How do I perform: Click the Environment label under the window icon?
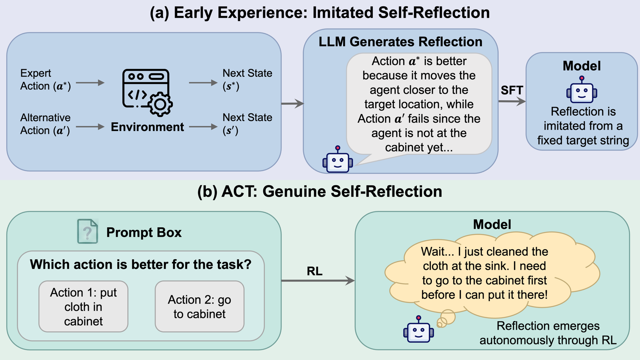(x=147, y=127)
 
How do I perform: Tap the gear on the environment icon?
(x=160, y=104)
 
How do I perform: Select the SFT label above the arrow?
(x=512, y=90)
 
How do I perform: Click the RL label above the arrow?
(x=314, y=271)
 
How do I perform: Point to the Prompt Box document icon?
(x=88, y=231)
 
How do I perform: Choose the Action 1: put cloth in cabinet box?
(x=84, y=306)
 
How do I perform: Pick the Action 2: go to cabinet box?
(x=200, y=306)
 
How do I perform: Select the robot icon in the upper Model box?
(x=582, y=90)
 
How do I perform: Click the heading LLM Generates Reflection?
(x=400, y=42)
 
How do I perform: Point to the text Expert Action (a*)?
(x=46, y=80)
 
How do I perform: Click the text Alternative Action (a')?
(x=46, y=124)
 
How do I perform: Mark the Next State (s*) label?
(x=248, y=80)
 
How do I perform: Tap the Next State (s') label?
(x=248, y=124)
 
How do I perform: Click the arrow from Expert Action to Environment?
(x=90, y=83)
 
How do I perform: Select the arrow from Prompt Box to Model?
(x=318, y=280)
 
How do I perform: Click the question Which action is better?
(x=140, y=264)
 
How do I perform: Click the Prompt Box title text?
(x=144, y=232)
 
